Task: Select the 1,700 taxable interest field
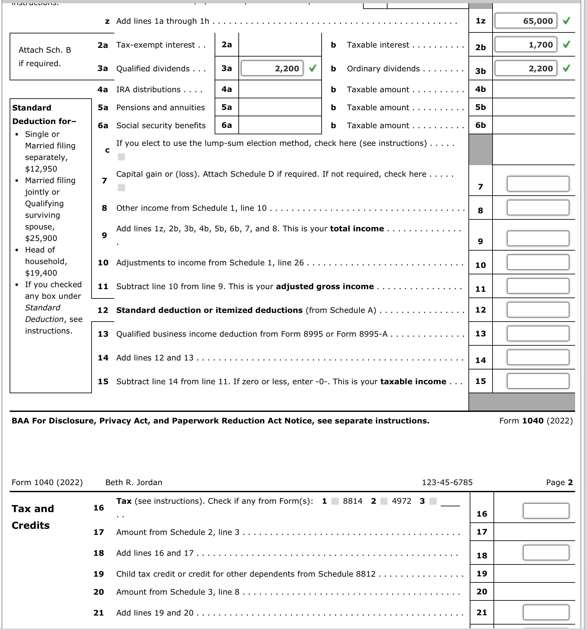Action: (526, 45)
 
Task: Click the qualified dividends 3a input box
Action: (272, 68)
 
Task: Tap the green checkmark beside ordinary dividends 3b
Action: (566, 68)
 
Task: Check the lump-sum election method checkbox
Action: (121, 157)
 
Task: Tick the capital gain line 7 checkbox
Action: (121, 188)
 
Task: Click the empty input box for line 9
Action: (538, 238)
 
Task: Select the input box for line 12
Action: (538, 310)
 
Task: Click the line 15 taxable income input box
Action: (538, 381)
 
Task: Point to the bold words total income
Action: (357, 229)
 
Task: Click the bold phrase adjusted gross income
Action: (325, 287)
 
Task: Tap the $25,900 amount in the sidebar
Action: (41, 238)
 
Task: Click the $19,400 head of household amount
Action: (41, 273)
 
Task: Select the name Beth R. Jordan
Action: (134, 483)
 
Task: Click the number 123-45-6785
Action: (447, 483)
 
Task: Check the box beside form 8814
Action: (335, 501)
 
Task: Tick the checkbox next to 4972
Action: (384, 501)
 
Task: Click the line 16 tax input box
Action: (546, 511)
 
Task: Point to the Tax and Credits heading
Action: (33, 517)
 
